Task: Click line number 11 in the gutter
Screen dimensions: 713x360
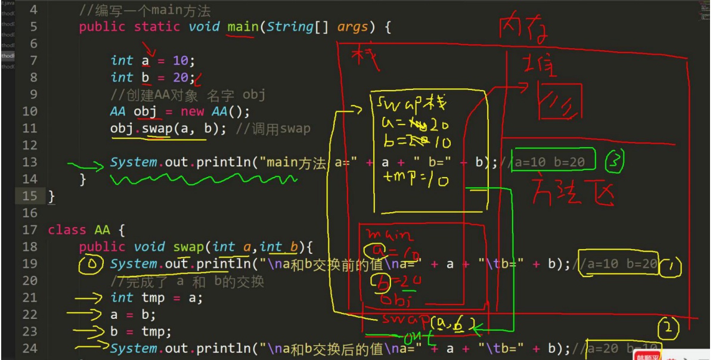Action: (x=32, y=128)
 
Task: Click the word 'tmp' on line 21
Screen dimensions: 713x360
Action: (x=151, y=298)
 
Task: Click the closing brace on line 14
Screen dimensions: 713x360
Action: (x=83, y=179)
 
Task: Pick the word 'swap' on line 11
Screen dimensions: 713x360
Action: (x=158, y=128)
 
